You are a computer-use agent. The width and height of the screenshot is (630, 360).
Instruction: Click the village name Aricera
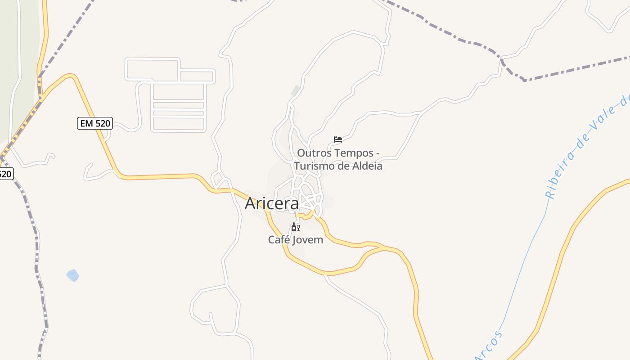[x=271, y=204]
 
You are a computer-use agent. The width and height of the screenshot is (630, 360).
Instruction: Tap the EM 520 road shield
[x=94, y=123]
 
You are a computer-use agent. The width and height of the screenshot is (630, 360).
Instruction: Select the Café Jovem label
[x=295, y=240]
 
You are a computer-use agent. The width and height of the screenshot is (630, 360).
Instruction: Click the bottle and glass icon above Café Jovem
[x=295, y=227]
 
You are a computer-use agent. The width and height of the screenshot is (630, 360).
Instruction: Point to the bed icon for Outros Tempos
[x=337, y=139]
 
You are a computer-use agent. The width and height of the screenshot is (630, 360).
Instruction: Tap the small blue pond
[x=72, y=275]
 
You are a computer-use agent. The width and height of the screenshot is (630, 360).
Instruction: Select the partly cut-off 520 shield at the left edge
[x=5, y=174]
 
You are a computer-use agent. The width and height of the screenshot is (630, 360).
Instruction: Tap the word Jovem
[x=308, y=240]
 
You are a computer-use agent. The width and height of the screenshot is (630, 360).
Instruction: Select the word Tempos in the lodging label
[x=353, y=153]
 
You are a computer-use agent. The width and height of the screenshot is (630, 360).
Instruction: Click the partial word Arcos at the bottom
[x=490, y=346]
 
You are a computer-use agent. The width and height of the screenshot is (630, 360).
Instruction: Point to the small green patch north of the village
[x=295, y=90]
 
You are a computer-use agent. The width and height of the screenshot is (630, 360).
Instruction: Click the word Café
[x=279, y=240]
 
